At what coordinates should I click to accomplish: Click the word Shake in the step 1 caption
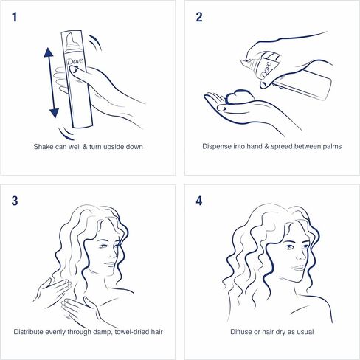[x=44, y=146]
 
